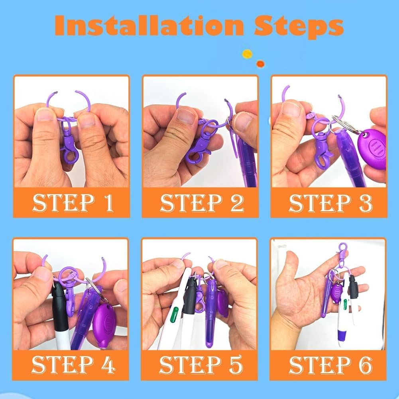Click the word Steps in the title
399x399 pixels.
coord(299,27)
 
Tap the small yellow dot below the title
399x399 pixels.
coord(247,54)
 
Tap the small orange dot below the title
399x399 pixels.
coord(260,64)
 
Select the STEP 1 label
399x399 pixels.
coord(73,203)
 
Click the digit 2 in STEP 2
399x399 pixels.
coord(237,203)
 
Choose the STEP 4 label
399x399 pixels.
coord(73,365)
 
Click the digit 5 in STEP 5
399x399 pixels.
coord(236,365)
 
